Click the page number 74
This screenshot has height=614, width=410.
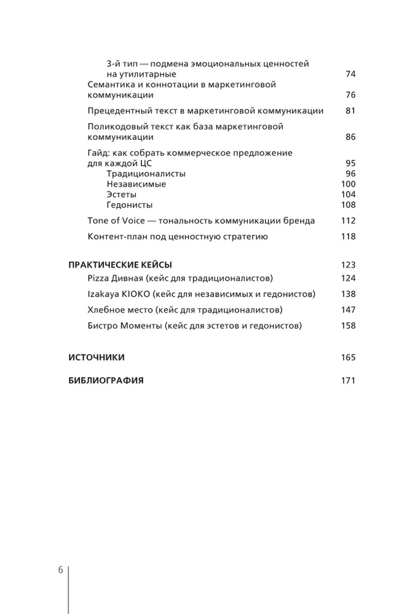point(350,74)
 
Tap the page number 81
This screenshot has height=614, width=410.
point(350,111)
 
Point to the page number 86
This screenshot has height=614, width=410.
point(350,137)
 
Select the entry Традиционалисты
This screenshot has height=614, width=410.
point(146,174)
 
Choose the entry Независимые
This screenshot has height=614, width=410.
point(136,184)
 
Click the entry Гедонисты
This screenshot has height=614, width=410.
point(129,205)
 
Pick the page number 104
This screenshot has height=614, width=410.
point(348,195)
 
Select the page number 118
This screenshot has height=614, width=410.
point(348,237)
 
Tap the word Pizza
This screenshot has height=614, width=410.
point(99,278)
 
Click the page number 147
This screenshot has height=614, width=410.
point(348,310)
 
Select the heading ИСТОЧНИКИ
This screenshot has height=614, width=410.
point(97,357)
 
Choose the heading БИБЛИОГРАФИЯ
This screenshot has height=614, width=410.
point(106,381)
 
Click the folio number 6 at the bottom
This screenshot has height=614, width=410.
point(61,570)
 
